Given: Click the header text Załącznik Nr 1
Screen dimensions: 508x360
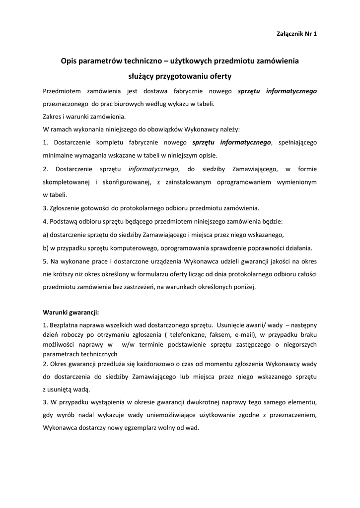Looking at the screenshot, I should point(296,34).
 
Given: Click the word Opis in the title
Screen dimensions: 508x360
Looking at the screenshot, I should point(70,61).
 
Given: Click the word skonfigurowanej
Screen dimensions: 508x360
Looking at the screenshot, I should point(127,182).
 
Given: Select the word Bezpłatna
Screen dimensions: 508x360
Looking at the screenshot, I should point(64,325).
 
